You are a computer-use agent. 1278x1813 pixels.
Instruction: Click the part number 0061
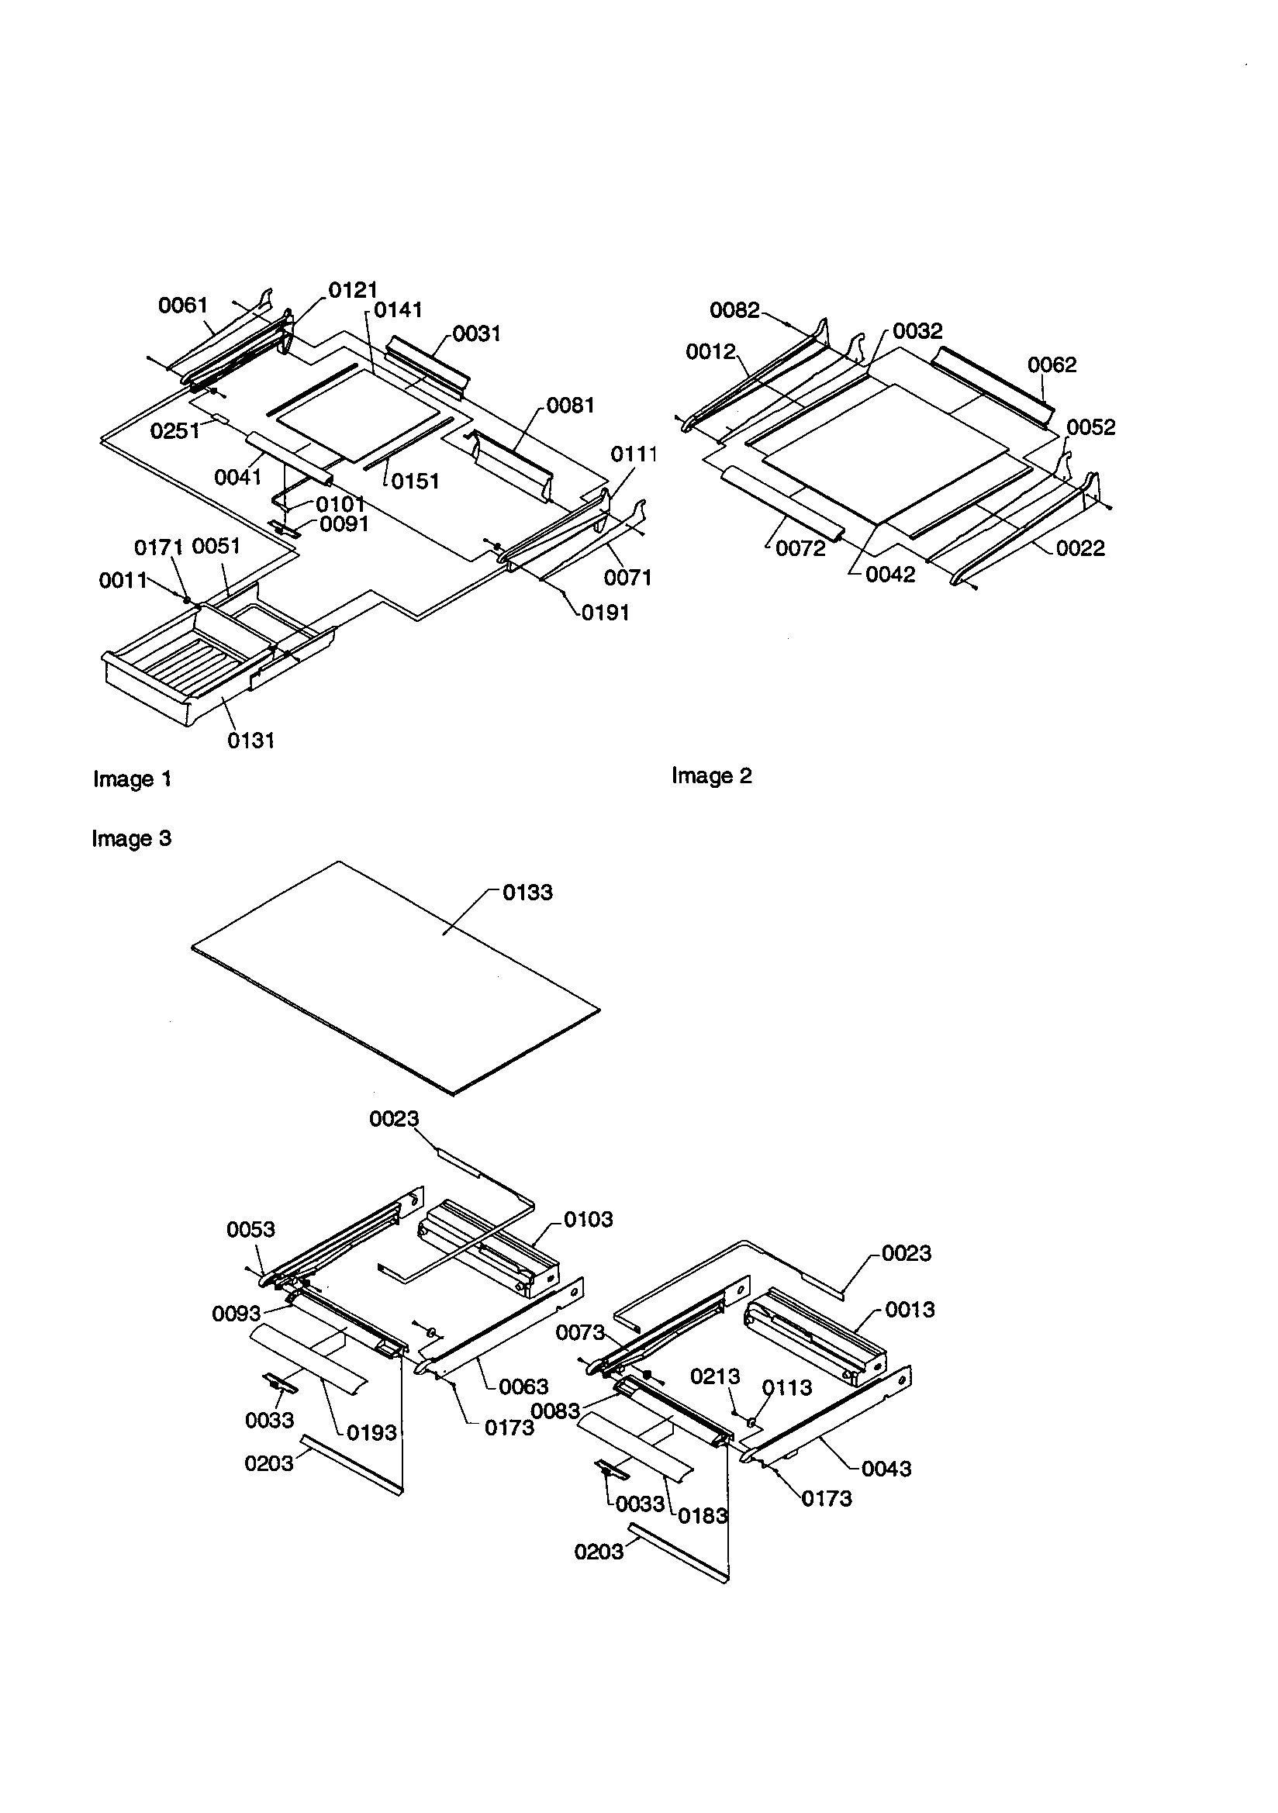tap(182, 306)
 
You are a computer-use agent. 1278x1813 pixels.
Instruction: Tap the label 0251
tap(174, 431)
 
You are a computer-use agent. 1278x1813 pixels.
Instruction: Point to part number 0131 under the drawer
tap(250, 741)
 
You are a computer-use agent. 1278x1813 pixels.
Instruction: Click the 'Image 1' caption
tap(132, 779)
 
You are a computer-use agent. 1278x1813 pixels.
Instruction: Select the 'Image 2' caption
tap(711, 776)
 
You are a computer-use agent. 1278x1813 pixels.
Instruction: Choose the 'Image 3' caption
tap(131, 838)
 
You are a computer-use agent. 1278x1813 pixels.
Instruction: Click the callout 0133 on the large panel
tap(527, 893)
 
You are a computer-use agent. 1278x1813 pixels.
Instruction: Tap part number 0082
tap(734, 310)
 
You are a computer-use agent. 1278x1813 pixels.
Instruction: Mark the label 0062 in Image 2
tap(1052, 364)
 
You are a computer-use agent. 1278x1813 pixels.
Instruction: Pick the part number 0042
tap(890, 575)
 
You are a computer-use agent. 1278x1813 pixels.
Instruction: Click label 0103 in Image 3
tap(588, 1220)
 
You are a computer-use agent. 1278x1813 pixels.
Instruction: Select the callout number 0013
tap(909, 1310)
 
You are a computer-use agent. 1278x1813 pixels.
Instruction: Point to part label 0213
tap(715, 1377)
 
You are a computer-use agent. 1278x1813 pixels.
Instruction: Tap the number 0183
tap(702, 1516)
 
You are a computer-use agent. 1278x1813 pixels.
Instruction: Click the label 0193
tap(371, 1433)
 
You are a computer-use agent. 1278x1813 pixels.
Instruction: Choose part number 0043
tap(886, 1469)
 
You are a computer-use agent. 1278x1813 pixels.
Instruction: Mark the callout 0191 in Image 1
tap(605, 613)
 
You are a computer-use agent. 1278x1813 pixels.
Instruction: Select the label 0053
tap(250, 1229)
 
